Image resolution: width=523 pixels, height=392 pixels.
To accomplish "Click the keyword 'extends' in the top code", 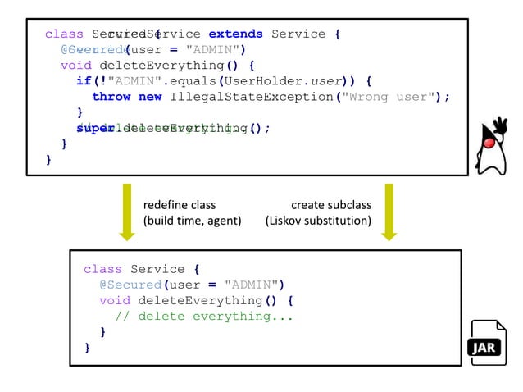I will pyautogui.click(x=235, y=34).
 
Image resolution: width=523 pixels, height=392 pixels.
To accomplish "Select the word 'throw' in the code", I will pyautogui.click(x=111, y=97).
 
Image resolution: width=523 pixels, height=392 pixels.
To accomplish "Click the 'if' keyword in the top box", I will pyautogui.click(x=84, y=81).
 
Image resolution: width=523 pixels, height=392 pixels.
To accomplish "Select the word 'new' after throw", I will pyautogui.click(x=150, y=97).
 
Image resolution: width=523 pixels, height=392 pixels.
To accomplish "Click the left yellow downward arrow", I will pyautogui.click(x=126, y=212).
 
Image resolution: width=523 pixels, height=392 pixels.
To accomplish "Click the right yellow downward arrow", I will pyautogui.click(x=389, y=212).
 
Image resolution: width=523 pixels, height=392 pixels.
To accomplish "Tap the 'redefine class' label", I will pyautogui.click(x=180, y=205).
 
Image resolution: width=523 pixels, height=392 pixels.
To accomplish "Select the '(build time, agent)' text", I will pyautogui.click(x=192, y=221).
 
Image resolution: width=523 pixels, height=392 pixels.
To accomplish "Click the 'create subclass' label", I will pyautogui.click(x=331, y=205).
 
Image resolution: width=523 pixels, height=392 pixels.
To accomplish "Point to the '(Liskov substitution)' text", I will pyautogui.click(x=319, y=221).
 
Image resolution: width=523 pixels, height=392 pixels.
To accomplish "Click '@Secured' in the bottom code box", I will pyautogui.click(x=130, y=285).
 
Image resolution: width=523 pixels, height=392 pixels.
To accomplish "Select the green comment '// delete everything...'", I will pyautogui.click(x=204, y=317).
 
